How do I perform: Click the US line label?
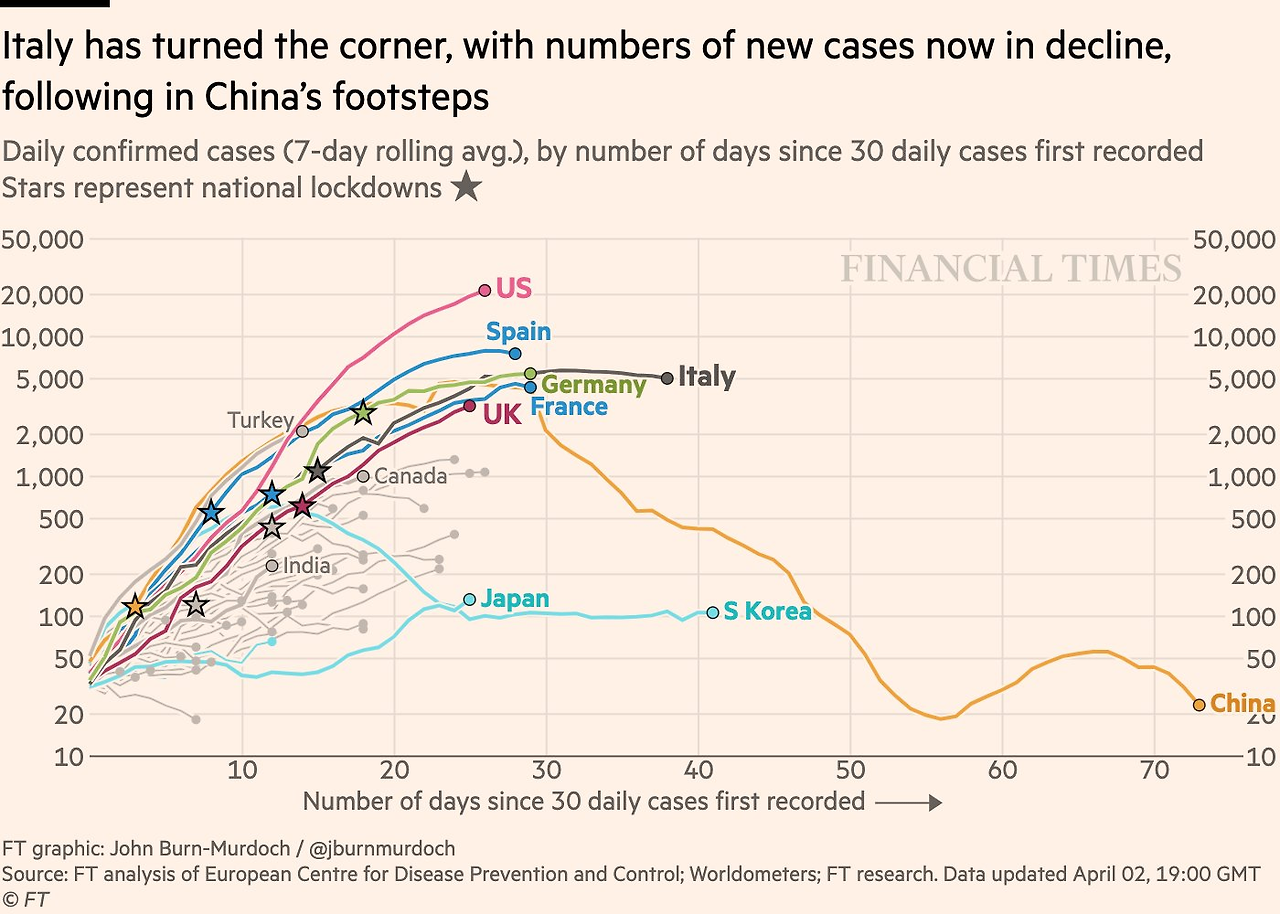click(x=513, y=289)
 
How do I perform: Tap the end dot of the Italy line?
click(x=667, y=378)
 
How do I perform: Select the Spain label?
click(x=518, y=332)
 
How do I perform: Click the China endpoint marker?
click(x=1199, y=705)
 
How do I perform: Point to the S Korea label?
click(x=767, y=611)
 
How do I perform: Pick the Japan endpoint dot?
click(x=470, y=600)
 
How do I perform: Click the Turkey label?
click(x=260, y=421)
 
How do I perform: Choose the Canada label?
click(x=410, y=476)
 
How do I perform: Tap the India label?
click(x=306, y=566)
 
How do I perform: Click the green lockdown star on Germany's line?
click(x=363, y=411)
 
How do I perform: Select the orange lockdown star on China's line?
click(x=135, y=606)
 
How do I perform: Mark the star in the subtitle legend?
click(x=465, y=187)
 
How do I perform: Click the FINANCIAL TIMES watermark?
click(x=1011, y=269)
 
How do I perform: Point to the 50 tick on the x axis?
click(x=850, y=770)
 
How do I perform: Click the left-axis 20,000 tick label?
click(x=45, y=295)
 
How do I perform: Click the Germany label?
click(x=594, y=385)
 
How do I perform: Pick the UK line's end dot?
click(x=470, y=406)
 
